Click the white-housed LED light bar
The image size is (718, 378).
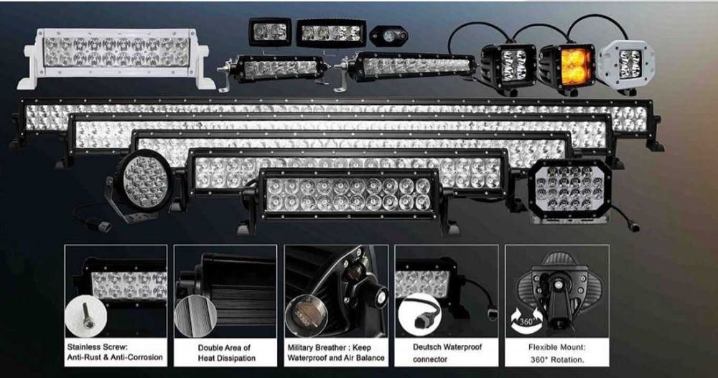[x=115, y=57]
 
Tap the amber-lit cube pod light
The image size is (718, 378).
[x=567, y=67]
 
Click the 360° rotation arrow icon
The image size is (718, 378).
[x=523, y=319]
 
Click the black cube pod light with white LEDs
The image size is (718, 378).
[x=509, y=66]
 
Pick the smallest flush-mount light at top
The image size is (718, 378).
[x=270, y=32]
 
